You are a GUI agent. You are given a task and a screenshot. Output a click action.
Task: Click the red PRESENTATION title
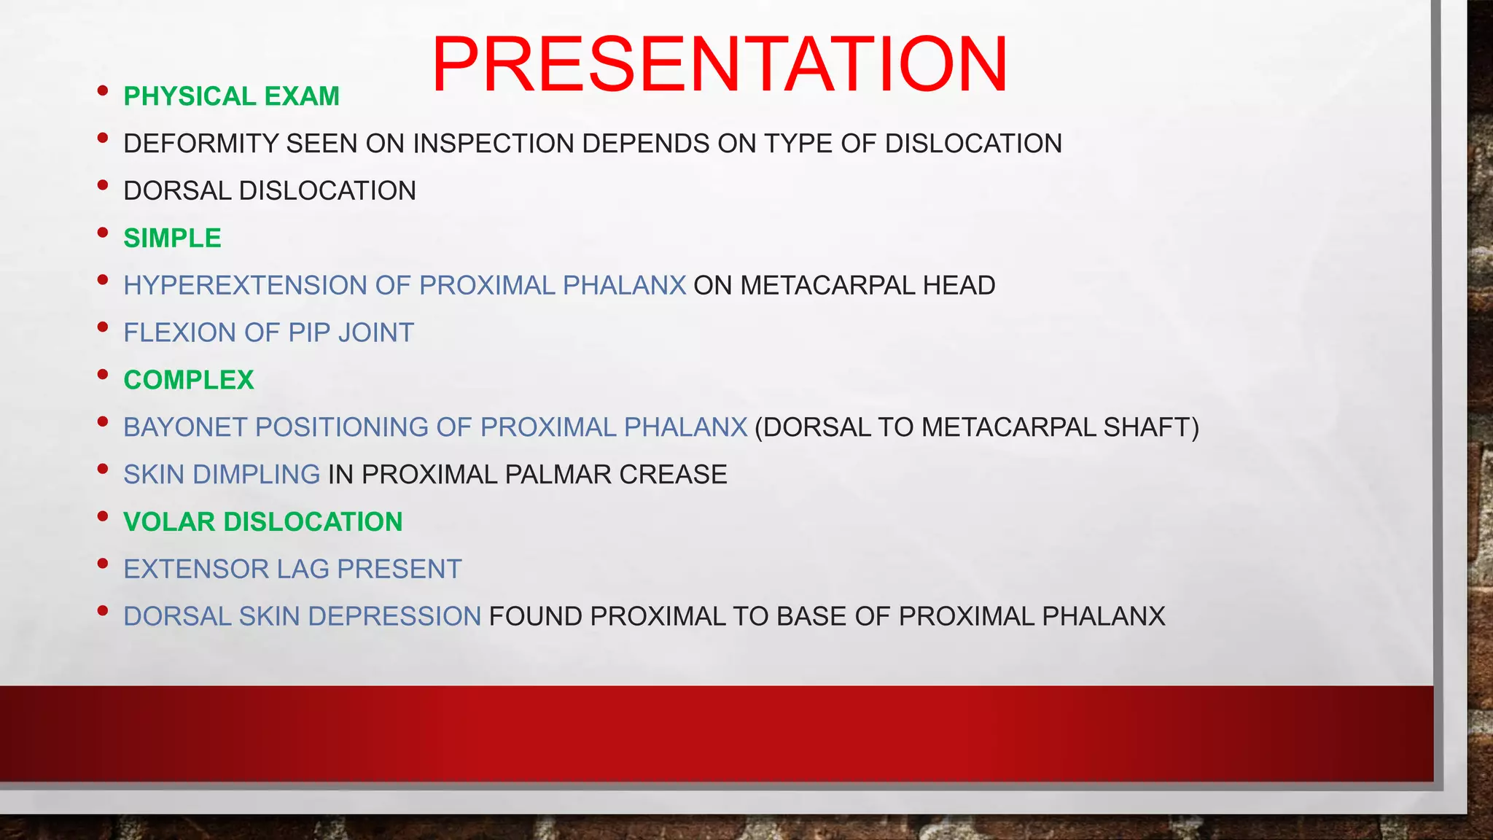(720, 65)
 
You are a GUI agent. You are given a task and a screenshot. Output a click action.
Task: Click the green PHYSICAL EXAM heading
(231, 96)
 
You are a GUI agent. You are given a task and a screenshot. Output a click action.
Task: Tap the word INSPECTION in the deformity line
(494, 144)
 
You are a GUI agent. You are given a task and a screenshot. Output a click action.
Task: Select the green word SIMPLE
(172, 238)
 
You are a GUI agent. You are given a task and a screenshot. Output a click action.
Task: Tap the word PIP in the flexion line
(309, 332)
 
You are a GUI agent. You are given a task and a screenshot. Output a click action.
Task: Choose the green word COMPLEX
(189, 380)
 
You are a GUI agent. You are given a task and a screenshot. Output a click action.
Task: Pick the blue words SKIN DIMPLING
(222, 475)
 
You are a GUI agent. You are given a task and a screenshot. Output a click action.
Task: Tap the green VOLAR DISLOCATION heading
(262, 522)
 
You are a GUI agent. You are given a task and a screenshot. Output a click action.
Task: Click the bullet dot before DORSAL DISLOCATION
(103, 186)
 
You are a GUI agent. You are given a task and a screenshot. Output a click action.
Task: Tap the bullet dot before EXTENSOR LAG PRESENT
(103, 564)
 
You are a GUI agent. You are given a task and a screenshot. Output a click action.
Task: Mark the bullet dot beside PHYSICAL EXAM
(103, 91)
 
